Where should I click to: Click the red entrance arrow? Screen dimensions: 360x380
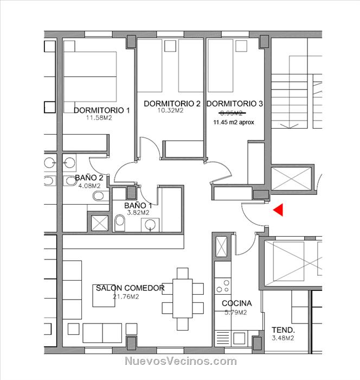pyautogui.click(x=279, y=210)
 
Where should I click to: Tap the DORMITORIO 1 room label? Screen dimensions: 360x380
pyautogui.click(x=102, y=110)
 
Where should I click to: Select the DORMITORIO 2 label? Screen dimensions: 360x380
pyautogui.click(x=172, y=104)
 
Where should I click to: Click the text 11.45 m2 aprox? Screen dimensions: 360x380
pyautogui.click(x=234, y=122)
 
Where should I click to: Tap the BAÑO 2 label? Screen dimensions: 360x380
pyautogui.click(x=89, y=178)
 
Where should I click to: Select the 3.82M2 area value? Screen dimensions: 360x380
pyautogui.click(x=138, y=213)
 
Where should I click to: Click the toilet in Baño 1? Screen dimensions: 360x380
pyautogui.click(x=120, y=223)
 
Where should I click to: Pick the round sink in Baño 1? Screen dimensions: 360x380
pyautogui.click(x=151, y=225)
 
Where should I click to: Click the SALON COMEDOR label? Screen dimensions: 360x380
pyautogui.click(x=130, y=288)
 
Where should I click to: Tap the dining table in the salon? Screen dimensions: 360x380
pyautogui.click(x=183, y=299)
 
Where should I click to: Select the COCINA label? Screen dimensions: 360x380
pyautogui.click(x=236, y=303)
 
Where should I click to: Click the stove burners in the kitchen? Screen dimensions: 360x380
pyautogui.click(x=223, y=287)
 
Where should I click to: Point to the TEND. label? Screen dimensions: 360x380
pyautogui.click(x=283, y=330)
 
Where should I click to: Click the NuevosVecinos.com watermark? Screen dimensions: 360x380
pyautogui.click(x=181, y=361)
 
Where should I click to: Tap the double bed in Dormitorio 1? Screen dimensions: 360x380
pyautogui.click(x=90, y=77)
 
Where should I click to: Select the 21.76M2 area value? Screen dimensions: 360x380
pyautogui.click(x=126, y=296)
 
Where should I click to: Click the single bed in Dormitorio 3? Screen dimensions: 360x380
pyautogui.click(x=220, y=66)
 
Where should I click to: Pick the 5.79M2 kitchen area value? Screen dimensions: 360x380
pyautogui.click(x=235, y=312)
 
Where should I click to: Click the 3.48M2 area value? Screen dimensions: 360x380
pyautogui.click(x=283, y=338)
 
